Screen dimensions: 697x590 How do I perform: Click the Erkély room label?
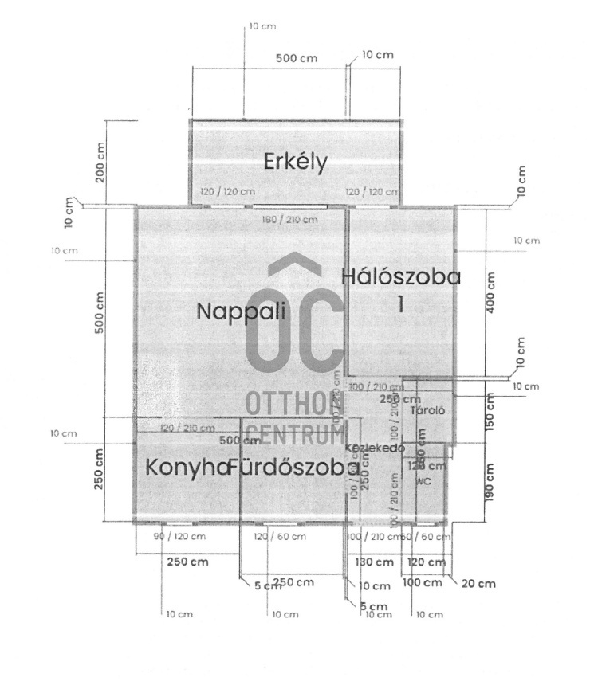(296, 163)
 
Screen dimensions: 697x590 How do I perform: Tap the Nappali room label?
(241, 311)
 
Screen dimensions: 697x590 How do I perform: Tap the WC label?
(423, 482)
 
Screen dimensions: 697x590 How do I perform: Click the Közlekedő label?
(376, 448)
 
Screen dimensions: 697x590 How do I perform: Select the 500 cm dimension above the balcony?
(297, 59)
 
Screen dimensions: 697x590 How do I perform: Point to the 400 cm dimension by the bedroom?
(490, 293)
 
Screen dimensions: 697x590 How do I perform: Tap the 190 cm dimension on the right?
(490, 482)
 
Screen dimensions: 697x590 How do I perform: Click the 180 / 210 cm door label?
(290, 220)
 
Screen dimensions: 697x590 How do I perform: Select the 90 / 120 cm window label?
(179, 537)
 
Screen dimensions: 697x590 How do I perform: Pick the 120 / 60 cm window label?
(280, 537)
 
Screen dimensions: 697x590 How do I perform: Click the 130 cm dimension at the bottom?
(374, 562)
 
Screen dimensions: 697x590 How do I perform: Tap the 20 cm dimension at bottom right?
(478, 584)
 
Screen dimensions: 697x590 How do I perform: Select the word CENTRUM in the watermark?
(293, 434)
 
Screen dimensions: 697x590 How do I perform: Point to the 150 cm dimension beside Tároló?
(490, 409)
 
